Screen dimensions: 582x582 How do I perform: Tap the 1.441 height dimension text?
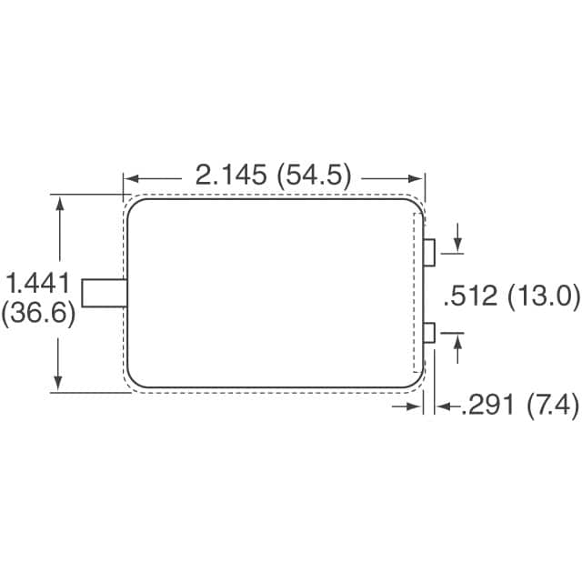point(37,281)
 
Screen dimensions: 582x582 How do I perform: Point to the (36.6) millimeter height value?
point(37,313)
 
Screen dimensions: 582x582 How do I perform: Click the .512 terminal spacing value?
point(469,296)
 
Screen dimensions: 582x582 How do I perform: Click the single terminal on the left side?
point(103,293)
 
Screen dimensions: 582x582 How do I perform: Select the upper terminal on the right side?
point(430,252)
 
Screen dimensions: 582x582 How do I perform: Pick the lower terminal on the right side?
point(430,333)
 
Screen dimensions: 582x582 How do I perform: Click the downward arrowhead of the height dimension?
point(61,384)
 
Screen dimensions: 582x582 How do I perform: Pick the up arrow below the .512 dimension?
point(457,340)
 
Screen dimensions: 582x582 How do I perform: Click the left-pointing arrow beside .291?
point(443,408)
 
